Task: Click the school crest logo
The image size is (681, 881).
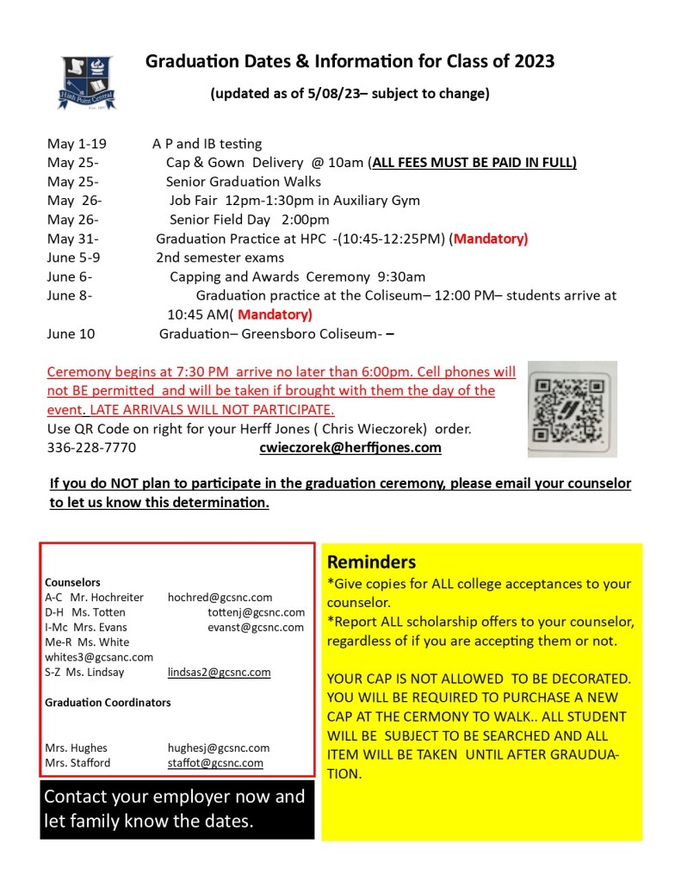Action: (x=87, y=82)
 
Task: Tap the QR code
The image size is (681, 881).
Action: (x=572, y=408)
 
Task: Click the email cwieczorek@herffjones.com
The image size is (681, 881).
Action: (x=350, y=448)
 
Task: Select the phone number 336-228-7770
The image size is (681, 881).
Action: (x=91, y=448)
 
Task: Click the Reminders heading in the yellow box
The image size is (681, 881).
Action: (x=371, y=562)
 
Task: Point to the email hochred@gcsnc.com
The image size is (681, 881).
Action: (x=220, y=597)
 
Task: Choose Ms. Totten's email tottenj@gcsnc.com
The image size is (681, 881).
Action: (x=256, y=612)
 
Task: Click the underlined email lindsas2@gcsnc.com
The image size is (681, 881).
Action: (x=219, y=672)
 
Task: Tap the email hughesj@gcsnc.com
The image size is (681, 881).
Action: (x=219, y=748)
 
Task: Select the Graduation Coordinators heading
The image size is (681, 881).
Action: (x=108, y=703)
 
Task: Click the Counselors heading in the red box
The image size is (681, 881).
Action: (x=72, y=582)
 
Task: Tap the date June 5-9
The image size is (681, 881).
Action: (x=74, y=257)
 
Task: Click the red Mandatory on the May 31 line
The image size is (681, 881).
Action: (x=491, y=239)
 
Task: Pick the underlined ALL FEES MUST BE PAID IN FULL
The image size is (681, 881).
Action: (x=474, y=163)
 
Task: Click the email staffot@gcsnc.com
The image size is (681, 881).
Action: (x=215, y=763)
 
